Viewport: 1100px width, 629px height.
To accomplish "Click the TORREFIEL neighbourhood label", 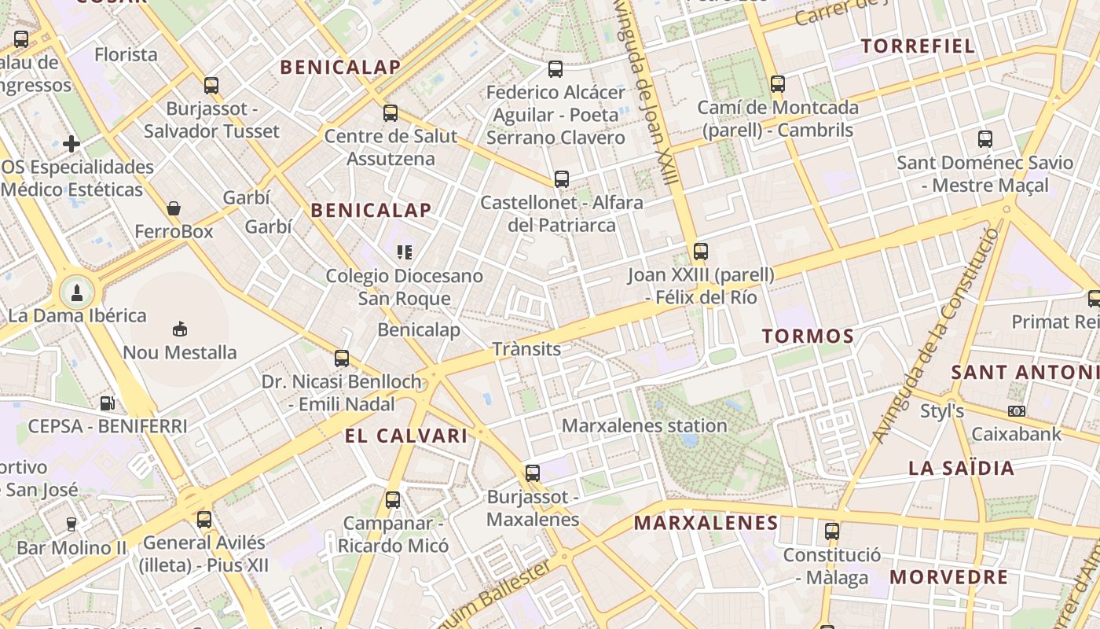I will [918, 46].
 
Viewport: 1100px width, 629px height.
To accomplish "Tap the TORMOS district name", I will [808, 337].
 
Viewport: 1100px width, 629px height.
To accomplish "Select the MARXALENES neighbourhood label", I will [706, 523].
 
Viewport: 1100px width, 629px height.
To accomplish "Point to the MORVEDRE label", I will [948, 577].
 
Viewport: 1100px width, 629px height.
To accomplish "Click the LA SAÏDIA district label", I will [961, 469].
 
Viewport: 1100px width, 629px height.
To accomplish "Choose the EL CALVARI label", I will [406, 436].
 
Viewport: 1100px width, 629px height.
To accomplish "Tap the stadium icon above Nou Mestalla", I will [180, 329].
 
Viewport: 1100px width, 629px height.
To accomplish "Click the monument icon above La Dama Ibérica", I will [77, 292].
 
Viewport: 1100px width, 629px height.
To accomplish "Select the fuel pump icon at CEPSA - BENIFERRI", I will [107, 403].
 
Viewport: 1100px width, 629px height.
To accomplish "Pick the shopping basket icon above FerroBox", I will [174, 208].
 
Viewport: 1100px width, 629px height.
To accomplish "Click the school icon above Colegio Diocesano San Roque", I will [405, 252].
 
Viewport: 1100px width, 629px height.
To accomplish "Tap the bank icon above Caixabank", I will [1016, 411].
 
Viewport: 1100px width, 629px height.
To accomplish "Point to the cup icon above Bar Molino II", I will [71, 524].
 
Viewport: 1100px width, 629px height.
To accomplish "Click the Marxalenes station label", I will [644, 426].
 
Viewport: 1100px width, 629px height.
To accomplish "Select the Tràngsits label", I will [526, 349].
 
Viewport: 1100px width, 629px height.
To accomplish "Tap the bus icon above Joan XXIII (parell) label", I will [700, 252].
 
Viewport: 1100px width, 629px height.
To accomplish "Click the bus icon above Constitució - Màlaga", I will [832, 531].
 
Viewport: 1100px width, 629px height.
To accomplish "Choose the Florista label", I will [126, 54].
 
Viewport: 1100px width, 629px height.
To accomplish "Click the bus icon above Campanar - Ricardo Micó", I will [392, 499].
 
